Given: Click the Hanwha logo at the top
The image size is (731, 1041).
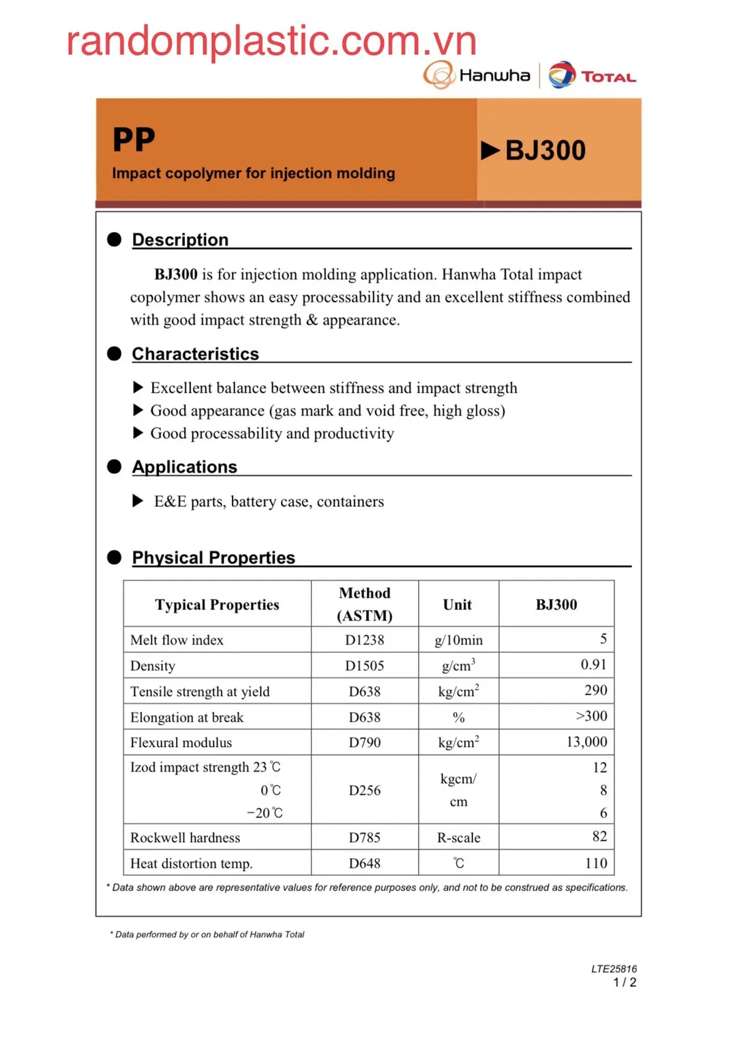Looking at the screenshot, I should pyautogui.click(x=477, y=75).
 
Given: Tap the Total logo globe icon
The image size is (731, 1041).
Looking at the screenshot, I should pyautogui.click(x=562, y=75).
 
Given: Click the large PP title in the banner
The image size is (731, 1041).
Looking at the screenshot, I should pyautogui.click(x=134, y=140).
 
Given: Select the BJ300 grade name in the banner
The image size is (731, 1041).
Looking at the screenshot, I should pyautogui.click(x=545, y=151).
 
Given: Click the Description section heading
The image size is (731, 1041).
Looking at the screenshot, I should pyautogui.click(x=180, y=240).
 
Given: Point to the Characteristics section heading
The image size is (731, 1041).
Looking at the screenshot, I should pyautogui.click(x=195, y=354).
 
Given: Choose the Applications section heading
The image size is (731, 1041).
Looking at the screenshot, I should pyautogui.click(x=184, y=467).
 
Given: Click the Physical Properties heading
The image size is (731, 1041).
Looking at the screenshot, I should pyautogui.click(x=213, y=558).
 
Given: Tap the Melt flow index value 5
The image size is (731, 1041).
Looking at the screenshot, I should pyautogui.click(x=603, y=639).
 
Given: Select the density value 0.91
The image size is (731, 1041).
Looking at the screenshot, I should pyautogui.click(x=593, y=665).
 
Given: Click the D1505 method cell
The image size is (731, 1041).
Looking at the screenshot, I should pyautogui.click(x=364, y=666).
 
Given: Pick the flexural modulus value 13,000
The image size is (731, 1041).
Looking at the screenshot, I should pyautogui.click(x=586, y=742).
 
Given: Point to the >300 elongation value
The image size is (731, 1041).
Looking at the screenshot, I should pyautogui.click(x=591, y=716).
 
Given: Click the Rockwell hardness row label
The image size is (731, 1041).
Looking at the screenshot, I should pyautogui.click(x=185, y=838).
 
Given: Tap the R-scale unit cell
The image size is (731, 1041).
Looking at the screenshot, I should pyautogui.click(x=458, y=838).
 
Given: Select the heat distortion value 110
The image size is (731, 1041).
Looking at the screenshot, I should pyautogui.click(x=595, y=864).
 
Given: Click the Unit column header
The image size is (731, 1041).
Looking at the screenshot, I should pyautogui.click(x=458, y=605).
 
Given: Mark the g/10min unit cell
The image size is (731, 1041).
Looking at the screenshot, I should pyautogui.click(x=458, y=641).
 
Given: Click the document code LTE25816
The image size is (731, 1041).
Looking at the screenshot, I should pyautogui.click(x=614, y=969).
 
